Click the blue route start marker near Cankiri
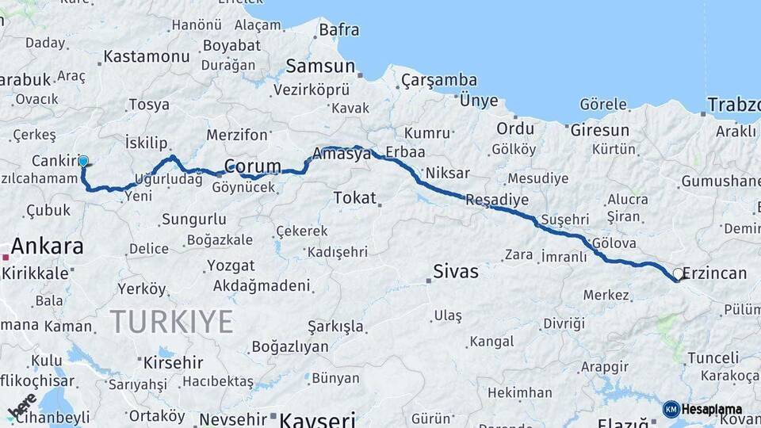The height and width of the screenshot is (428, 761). (x=83, y=161)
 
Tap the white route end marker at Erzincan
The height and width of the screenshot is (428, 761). (x=678, y=274)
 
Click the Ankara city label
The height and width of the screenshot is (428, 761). (x=48, y=246)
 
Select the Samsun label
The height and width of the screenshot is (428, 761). (x=319, y=66)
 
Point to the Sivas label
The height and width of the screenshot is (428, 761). (x=456, y=272)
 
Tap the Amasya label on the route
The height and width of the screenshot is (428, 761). (x=342, y=154)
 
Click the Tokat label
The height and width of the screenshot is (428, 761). (x=354, y=197)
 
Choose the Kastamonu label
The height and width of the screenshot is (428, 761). (x=147, y=56)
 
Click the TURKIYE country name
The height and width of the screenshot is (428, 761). (x=171, y=322)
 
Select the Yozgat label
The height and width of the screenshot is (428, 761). (x=231, y=266)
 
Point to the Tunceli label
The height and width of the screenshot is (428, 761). (x=713, y=357)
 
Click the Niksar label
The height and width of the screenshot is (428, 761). (x=448, y=174)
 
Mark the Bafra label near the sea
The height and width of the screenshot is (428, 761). (x=338, y=30)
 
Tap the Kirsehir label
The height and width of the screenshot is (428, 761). (x=174, y=362)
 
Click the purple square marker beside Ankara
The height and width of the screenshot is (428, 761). (x=6, y=257)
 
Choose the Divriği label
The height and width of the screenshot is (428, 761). (x=564, y=323)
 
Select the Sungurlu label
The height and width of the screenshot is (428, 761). (x=194, y=219)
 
